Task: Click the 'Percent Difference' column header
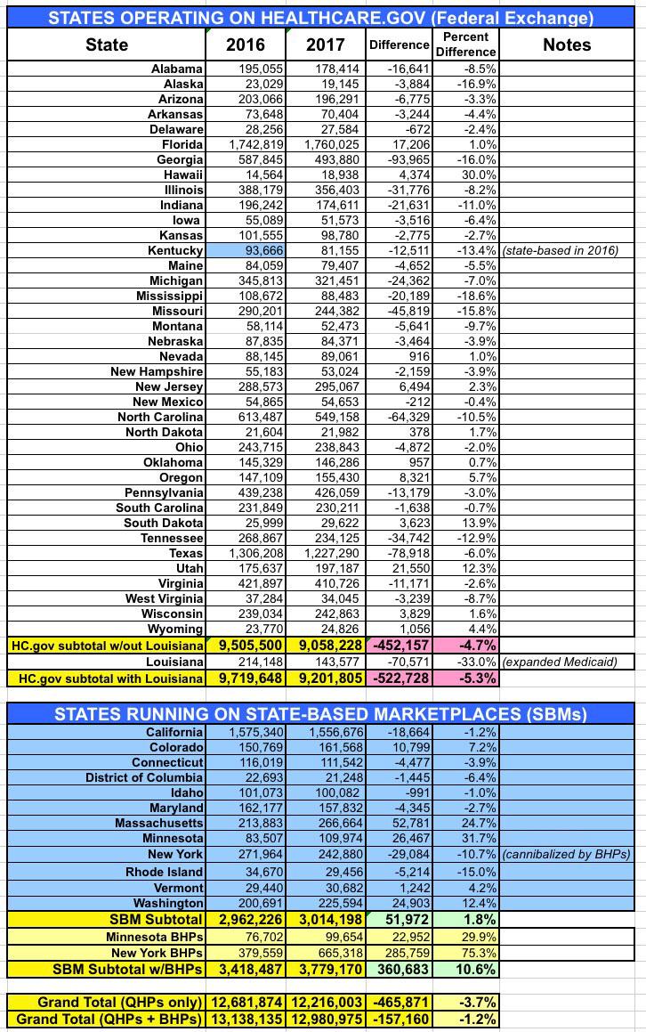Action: coord(465,45)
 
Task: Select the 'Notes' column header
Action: coord(567,45)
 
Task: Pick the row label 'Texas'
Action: coord(185,553)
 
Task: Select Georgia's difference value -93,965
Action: coord(402,159)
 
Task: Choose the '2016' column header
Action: coord(246,45)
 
